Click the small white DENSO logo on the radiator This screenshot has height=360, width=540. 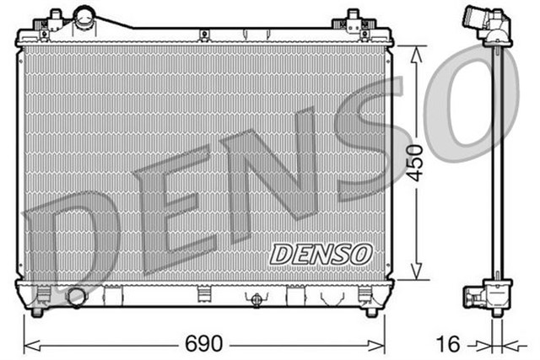[320, 251]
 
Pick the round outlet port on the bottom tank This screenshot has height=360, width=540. [77, 296]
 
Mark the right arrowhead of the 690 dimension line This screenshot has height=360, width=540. [385, 344]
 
